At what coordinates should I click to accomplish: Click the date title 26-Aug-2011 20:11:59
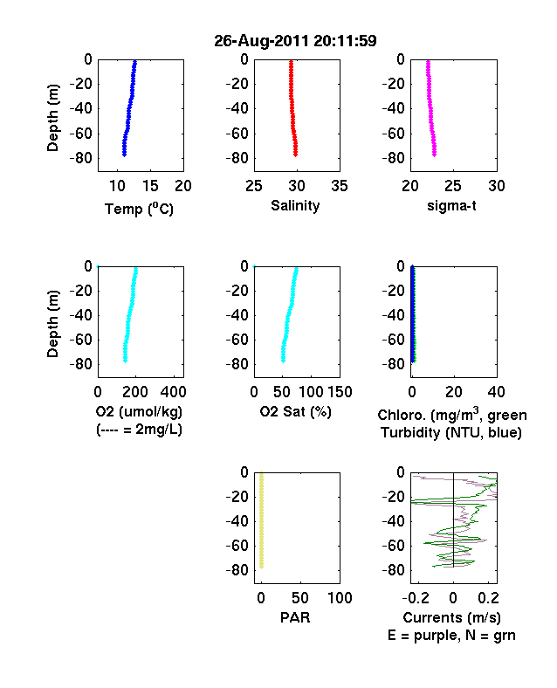pos(295,41)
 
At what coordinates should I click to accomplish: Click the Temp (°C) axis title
pos(139,209)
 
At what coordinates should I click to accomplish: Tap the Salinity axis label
pos(295,205)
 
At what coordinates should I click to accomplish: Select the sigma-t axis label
pos(451,205)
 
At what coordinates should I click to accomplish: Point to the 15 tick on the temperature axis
pos(150,186)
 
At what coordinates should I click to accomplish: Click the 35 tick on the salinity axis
pos(340,186)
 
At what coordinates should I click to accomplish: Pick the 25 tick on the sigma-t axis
pos(452,186)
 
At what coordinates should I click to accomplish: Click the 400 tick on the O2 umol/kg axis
pos(174,392)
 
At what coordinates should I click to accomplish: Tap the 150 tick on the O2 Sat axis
pos(340,392)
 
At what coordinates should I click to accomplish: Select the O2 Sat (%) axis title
pos(295,411)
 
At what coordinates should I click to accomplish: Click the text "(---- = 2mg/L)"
pos(139,429)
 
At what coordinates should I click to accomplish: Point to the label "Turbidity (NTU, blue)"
pos(451,433)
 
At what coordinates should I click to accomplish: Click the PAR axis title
pos(295,617)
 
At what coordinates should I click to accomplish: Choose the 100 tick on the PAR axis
pos(340,598)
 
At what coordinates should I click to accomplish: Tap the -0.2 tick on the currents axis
pos(416,598)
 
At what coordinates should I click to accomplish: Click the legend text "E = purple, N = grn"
pos(451,636)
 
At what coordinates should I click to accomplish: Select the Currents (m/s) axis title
pos(451,618)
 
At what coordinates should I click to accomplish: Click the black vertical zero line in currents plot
pos(453,520)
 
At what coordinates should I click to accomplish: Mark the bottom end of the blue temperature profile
pos(125,155)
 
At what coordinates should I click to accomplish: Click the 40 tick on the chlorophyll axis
pos(496,392)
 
